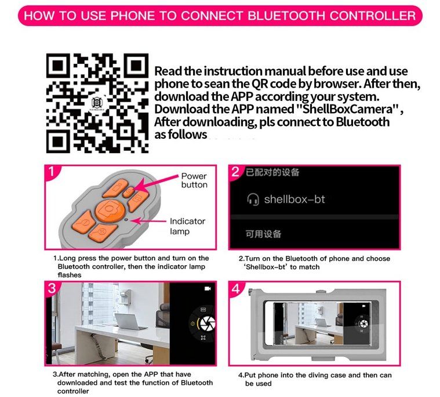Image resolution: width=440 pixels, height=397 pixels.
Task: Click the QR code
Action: point(97,103)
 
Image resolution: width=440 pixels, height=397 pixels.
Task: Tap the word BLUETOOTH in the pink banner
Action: point(286,16)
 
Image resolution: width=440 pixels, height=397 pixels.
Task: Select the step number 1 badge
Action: point(52,171)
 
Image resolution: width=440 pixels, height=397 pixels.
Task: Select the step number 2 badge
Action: point(235,171)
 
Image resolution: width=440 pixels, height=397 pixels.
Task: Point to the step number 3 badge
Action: point(52,288)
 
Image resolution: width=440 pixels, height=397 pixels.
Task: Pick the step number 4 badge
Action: point(236,288)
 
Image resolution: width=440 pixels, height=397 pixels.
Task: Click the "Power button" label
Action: point(194,181)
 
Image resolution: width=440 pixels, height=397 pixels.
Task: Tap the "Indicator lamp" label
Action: point(187,226)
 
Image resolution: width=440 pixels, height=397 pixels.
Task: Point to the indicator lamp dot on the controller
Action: point(126,219)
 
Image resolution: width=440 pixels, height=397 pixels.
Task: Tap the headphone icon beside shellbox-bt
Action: point(253,199)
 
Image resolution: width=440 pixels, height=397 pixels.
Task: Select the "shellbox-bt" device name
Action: point(294,199)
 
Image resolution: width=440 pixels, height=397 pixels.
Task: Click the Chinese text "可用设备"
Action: point(263,234)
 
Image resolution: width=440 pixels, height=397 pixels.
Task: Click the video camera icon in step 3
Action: point(208,288)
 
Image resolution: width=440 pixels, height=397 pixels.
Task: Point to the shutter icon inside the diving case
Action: point(363,323)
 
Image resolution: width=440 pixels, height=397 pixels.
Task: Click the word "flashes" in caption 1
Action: point(70,275)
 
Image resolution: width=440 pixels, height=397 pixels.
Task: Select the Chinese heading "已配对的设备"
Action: point(272,172)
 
